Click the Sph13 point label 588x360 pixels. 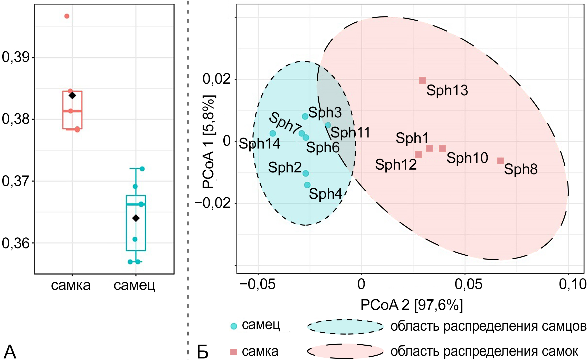pyautogui.click(x=447, y=90)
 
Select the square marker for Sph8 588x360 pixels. pyautogui.click(x=500, y=161)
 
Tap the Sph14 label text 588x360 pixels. pyautogui.click(x=259, y=143)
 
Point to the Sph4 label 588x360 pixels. pyautogui.click(x=325, y=194)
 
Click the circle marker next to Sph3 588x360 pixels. pyautogui.click(x=305, y=116)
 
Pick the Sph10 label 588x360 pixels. pyautogui.click(x=467, y=158)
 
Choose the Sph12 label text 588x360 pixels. pyautogui.click(x=396, y=164)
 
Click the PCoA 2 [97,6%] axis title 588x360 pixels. pyautogui.click(x=412, y=305)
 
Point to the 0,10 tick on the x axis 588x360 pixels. pyautogui.click(x=573, y=284)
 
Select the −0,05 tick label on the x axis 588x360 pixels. pyautogui.click(x=258, y=284)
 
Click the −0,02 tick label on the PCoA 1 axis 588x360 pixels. pyautogui.click(x=213, y=203)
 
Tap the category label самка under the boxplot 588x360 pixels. pyautogui.click(x=71, y=285)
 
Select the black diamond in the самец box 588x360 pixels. pyautogui.click(x=136, y=218)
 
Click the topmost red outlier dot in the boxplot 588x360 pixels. pyautogui.click(x=67, y=16)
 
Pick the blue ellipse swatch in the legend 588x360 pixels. pyautogui.click(x=345, y=327)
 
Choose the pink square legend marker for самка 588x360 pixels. pyautogui.click(x=234, y=352)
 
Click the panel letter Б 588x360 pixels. pyautogui.click(x=203, y=352)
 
